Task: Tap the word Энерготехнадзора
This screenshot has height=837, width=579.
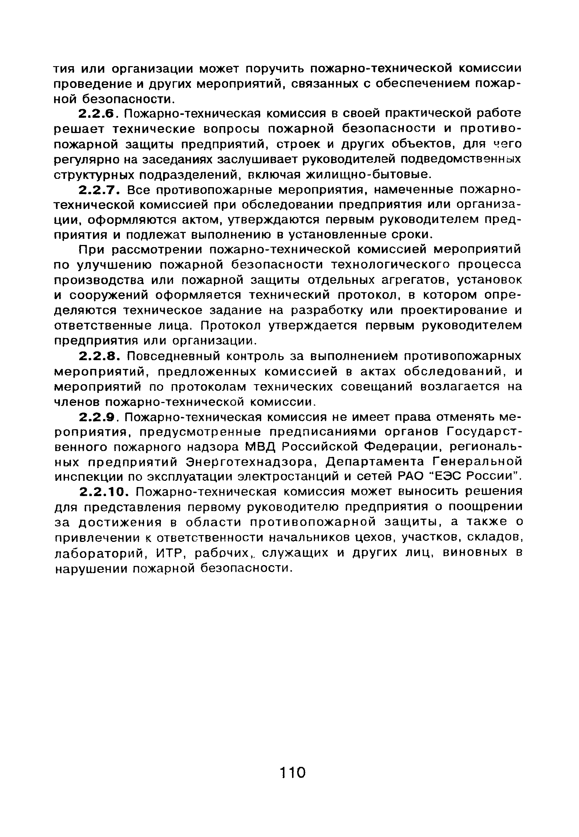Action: pos(250,462)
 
